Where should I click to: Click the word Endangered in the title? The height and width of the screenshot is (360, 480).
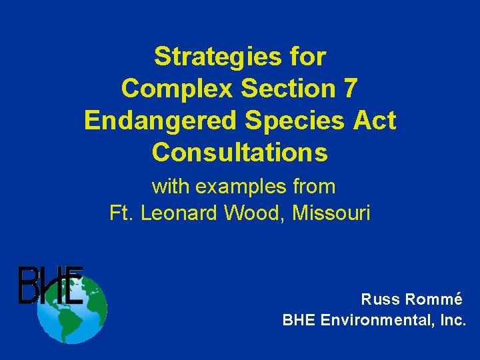tap(161, 121)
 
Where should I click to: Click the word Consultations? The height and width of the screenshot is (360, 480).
tap(240, 153)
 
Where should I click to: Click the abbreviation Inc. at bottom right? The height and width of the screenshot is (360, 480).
tap(454, 320)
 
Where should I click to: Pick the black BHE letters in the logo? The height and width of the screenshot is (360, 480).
tap(50, 285)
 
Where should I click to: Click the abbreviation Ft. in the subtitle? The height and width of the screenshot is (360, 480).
tap(121, 213)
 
